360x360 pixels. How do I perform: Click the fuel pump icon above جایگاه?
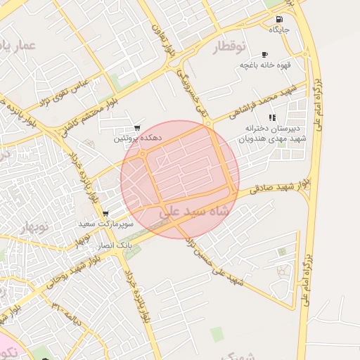tap(280, 20)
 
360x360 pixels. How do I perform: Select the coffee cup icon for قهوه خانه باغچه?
tap(264, 54)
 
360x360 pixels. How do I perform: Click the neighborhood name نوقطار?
tap(229, 47)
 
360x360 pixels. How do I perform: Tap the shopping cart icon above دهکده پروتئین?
tap(136, 128)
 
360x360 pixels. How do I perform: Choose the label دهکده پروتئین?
tap(138, 139)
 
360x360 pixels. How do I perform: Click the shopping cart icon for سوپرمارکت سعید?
tap(105, 214)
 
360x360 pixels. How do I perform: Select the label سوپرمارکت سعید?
tap(101, 224)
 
